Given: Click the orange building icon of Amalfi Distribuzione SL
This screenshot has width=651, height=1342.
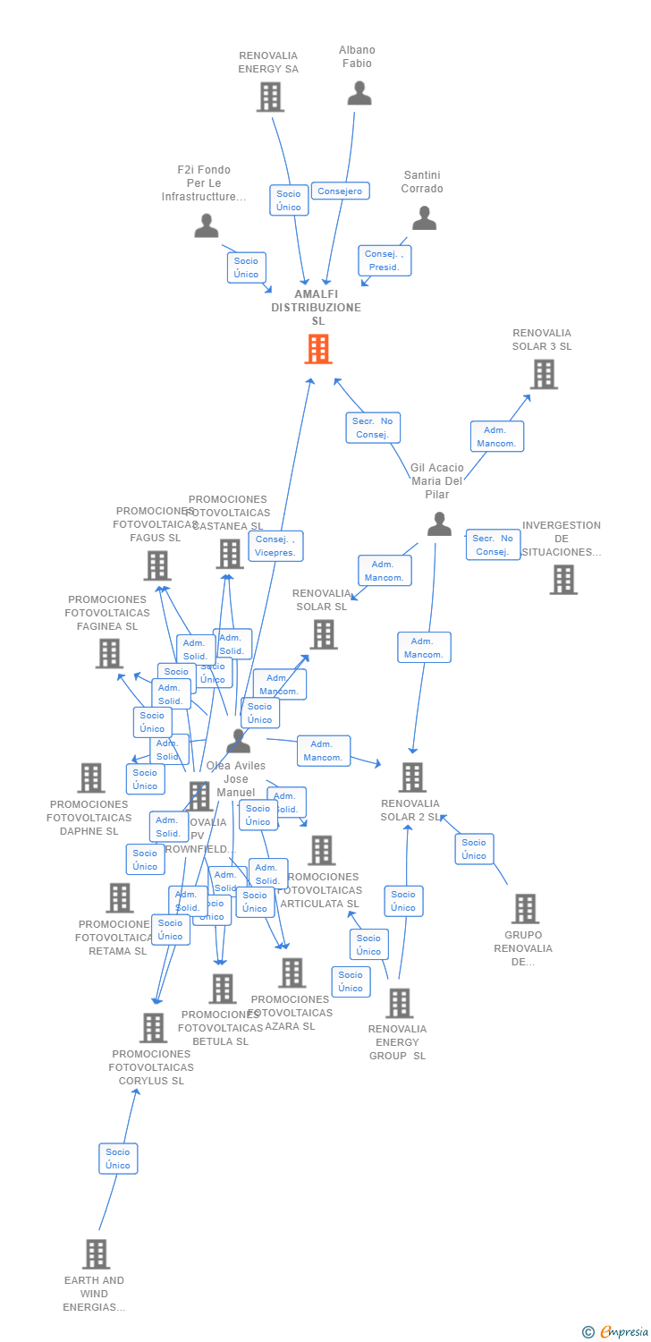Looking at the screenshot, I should (x=318, y=349).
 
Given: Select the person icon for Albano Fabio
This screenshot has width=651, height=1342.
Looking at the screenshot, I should (x=359, y=94).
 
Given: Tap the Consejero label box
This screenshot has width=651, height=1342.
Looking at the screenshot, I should (x=340, y=191).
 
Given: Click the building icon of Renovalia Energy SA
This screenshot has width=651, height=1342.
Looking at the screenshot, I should (x=270, y=97).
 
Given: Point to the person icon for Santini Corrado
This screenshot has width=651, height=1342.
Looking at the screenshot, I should (x=424, y=218).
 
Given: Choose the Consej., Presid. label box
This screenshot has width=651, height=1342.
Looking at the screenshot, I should (x=385, y=260).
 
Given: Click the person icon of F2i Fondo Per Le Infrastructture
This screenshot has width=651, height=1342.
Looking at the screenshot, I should (x=207, y=226).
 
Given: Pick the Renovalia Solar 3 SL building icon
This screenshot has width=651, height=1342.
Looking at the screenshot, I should (x=544, y=374).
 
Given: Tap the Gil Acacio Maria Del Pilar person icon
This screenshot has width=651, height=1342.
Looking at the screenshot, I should (x=439, y=524).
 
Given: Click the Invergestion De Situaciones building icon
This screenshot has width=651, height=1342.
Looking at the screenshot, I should (x=563, y=580).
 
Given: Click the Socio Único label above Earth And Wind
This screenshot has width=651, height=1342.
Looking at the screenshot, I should (x=118, y=1159).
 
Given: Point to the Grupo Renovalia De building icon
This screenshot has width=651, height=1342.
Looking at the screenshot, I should (x=525, y=908).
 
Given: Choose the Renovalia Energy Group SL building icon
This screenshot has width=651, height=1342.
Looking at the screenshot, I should (x=400, y=1003).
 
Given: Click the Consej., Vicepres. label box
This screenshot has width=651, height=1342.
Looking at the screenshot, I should (x=275, y=546).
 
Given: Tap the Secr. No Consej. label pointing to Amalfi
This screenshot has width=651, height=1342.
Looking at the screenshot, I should (x=373, y=428).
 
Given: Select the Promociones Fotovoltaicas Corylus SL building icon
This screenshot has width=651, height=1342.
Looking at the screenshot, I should (x=153, y=1028).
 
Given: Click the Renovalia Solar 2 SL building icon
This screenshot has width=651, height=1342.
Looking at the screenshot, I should (x=412, y=777).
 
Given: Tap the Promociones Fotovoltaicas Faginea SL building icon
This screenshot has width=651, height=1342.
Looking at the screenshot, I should (x=109, y=653).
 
